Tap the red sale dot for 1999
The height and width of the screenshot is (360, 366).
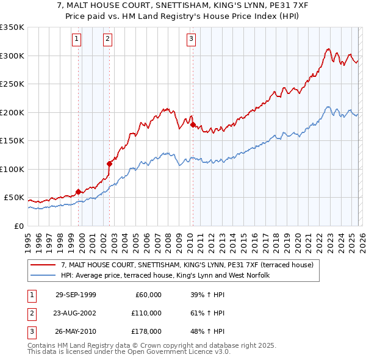coord(78,192)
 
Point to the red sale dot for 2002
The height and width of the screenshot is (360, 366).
coord(109,164)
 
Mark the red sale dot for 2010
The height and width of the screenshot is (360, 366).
coord(193,125)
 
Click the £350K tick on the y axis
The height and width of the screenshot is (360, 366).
coord(12,27)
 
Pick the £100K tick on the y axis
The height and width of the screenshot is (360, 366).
coord(12,169)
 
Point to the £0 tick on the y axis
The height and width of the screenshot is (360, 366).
coord(18,226)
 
